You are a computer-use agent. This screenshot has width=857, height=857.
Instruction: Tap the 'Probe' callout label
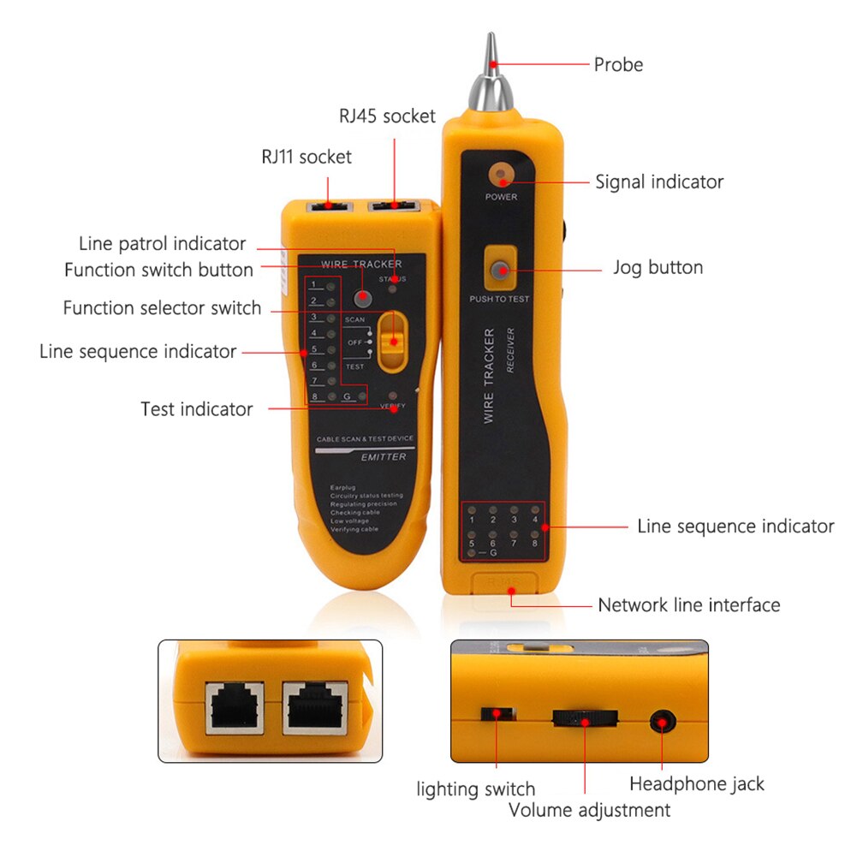(x=618, y=64)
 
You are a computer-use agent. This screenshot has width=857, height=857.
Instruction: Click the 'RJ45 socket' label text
(x=387, y=116)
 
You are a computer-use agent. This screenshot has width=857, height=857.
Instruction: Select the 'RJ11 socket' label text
(x=306, y=157)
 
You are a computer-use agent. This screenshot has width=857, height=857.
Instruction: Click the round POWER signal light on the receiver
(x=501, y=175)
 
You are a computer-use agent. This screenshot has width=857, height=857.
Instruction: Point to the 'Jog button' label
(x=658, y=267)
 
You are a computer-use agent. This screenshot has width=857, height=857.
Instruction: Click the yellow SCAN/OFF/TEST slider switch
(x=393, y=340)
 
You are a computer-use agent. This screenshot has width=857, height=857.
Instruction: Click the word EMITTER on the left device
(x=383, y=457)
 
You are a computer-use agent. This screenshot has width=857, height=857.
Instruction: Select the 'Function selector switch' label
(x=162, y=307)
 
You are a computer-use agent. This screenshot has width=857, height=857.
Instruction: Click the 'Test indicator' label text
(x=197, y=409)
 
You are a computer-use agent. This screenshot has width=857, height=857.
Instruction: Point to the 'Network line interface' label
(x=689, y=605)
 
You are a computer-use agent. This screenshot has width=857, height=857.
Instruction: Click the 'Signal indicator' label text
(x=659, y=182)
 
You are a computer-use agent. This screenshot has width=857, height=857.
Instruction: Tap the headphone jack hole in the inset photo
(x=661, y=722)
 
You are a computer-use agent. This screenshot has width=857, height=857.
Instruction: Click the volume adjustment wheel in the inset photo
(x=585, y=718)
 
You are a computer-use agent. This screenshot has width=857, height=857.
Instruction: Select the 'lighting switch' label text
(x=476, y=789)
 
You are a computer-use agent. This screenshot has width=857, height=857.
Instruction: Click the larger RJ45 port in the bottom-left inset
(x=314, y=707)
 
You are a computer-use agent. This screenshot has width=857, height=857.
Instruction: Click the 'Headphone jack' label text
(x=697, y=783)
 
